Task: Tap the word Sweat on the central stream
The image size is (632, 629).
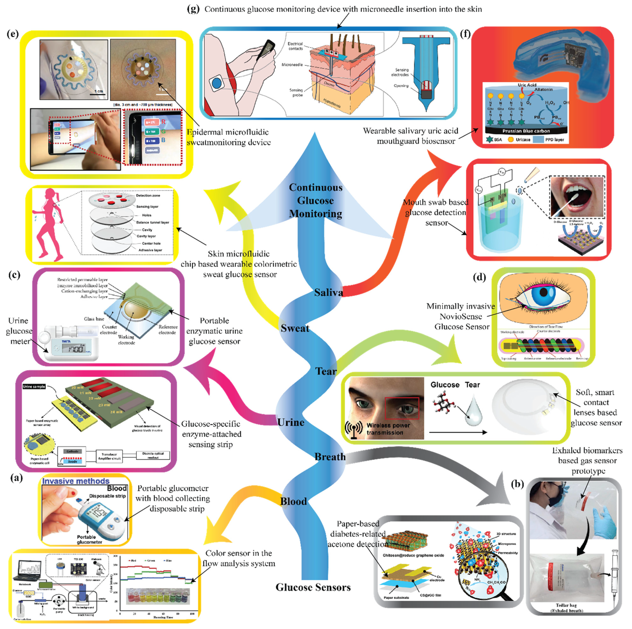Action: coord(295,328)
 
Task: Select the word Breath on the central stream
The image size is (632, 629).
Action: coord(330,457)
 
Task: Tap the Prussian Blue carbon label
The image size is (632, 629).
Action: coord(526,131)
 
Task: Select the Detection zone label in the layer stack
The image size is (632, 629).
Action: coord(148,195)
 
